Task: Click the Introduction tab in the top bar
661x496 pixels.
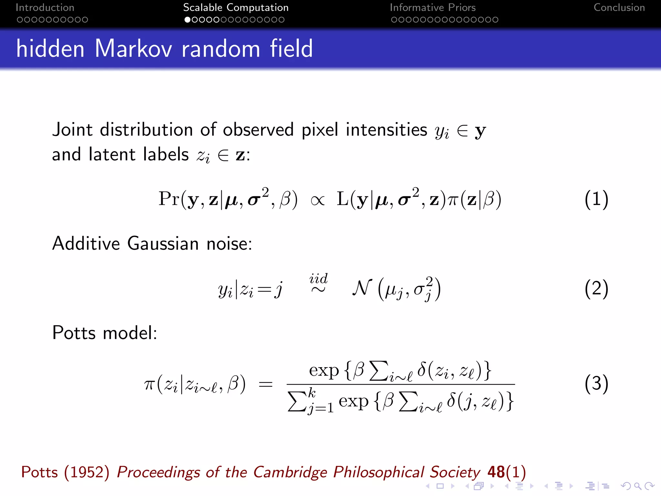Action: [x=45, y=7]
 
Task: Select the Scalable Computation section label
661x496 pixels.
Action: [x=236, y=7]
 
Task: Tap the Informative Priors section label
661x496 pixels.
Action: [x=432, y=7]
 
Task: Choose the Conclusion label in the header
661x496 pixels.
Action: [x=619, y=7]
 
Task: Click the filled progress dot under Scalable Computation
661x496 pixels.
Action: [x=187, y=20]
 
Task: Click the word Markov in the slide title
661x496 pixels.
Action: [x=133, y=48]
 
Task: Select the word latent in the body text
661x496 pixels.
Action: [x=112, y=154]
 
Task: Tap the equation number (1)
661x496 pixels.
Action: [x=596, y=199]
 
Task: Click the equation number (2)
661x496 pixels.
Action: [x=596, y=288]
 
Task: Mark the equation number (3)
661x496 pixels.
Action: [x=596, y=384]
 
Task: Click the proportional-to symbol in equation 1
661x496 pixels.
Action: [x=317, y=201]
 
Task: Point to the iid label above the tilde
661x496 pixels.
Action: [x=318, y=278]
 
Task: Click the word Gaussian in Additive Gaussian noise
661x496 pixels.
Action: [x=163, y=243]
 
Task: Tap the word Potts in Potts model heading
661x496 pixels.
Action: [x=74, y=333]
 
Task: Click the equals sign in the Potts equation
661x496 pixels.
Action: [x=266, y=385]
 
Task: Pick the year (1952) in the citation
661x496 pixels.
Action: [x=86, y=472]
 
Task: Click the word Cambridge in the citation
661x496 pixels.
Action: [x=290, y=472]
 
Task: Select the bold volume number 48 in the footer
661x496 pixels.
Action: [x=496, y=472]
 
